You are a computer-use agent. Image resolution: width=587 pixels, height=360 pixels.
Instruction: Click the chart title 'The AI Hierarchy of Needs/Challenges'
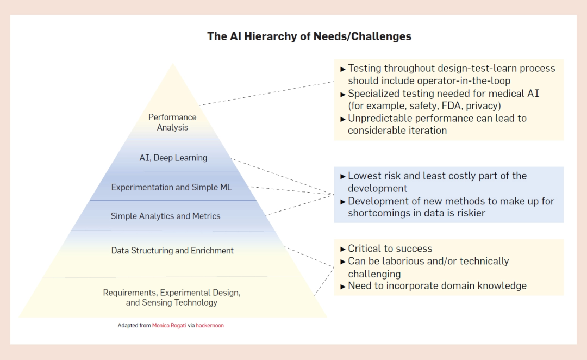[309, 36]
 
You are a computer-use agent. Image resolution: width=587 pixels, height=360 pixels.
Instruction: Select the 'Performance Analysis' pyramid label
[172, 122]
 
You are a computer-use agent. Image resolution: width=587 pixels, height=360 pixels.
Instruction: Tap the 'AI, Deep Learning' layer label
[172, 158]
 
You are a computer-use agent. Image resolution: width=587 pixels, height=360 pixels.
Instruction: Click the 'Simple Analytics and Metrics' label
[165, 216]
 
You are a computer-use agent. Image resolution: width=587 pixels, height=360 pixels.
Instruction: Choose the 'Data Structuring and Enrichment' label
[172, 251]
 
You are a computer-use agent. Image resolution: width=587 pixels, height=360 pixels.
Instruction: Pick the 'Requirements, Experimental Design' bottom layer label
[172, 293]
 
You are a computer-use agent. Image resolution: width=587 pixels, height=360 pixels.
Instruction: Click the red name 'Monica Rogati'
[169, 325]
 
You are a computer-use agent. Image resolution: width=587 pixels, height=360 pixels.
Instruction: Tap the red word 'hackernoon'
[210, 325]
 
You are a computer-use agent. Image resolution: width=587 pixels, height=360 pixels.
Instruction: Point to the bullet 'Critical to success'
[390, 249]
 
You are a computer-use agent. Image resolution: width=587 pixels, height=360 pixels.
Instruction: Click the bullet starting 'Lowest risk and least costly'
[437, 176]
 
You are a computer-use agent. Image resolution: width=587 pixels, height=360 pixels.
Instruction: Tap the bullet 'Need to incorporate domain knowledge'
[437, 285]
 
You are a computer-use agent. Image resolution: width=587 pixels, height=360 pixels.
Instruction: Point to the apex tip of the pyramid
[173, 64]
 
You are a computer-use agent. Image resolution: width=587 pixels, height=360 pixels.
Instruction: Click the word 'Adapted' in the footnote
[127, 325]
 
